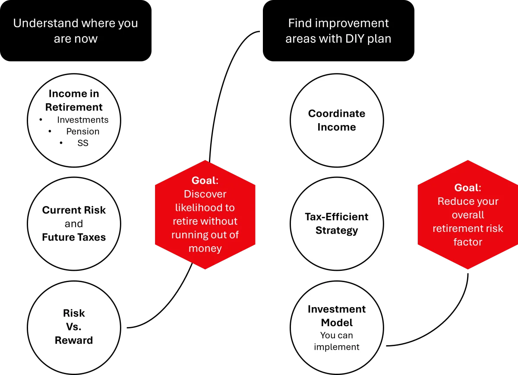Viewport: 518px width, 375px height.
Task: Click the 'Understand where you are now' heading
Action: [76, 31]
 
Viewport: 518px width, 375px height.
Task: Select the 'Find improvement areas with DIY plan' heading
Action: [338, 31]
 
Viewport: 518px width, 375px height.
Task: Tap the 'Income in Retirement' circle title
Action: [74, 100]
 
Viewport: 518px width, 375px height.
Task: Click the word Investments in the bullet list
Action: [82, 120]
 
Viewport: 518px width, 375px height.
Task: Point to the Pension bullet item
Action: [82, 131]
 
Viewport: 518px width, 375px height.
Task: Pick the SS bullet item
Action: [82, 143]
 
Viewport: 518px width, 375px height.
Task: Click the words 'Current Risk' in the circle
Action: [74, 210]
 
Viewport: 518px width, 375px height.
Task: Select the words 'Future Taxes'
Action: [74, 237]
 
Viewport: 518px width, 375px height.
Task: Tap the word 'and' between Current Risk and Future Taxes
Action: [74, 223]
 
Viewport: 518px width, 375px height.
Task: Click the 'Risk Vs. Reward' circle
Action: [74, 327]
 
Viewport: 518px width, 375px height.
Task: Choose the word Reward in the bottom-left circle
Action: [74, 340]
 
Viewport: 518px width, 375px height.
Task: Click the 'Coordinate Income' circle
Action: [337, 120]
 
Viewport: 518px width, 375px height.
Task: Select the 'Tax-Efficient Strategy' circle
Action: [337, 223]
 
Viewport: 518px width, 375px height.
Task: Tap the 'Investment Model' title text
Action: [337, 316]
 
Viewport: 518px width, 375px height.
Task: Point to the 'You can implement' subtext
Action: [337, 341]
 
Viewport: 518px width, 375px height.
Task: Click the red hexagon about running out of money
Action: [205, 215]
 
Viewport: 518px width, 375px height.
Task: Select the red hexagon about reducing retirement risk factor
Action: [467, 215]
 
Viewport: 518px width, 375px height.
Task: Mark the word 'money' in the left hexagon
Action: [205, 248]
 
